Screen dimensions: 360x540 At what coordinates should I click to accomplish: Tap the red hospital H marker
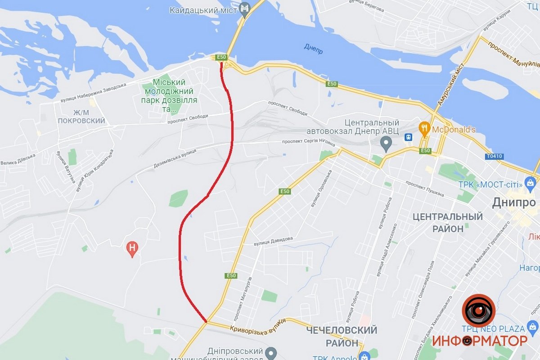click(x=132, y=247)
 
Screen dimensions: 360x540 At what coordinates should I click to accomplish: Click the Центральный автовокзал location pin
click(x=385, y=144)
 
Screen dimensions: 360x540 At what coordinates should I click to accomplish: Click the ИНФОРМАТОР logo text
click(x=480, y=341)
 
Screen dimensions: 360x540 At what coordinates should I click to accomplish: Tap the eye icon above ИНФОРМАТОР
click(x=479, y=311)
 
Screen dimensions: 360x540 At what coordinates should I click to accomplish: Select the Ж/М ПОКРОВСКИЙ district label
click(x=81, y=116)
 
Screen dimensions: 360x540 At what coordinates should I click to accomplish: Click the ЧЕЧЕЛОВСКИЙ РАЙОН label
click(x=342, y=336)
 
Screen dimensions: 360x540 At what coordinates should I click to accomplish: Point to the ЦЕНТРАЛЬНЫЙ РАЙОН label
click(x=448, y=223)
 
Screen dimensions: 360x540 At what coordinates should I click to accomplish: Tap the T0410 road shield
click(x=494, y=157)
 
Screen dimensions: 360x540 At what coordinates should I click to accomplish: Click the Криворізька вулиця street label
click(x=257, y=326)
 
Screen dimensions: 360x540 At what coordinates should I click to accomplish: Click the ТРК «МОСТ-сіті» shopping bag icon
click(x=531, y=184)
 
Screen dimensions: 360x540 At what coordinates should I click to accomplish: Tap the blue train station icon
click(x=408, y=137)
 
